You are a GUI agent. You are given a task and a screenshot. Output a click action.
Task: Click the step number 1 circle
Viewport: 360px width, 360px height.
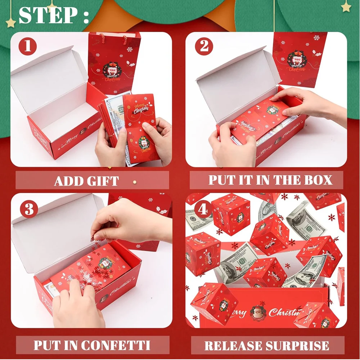point(28,47)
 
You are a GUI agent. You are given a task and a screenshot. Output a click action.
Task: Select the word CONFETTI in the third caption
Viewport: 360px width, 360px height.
point(116,345)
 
